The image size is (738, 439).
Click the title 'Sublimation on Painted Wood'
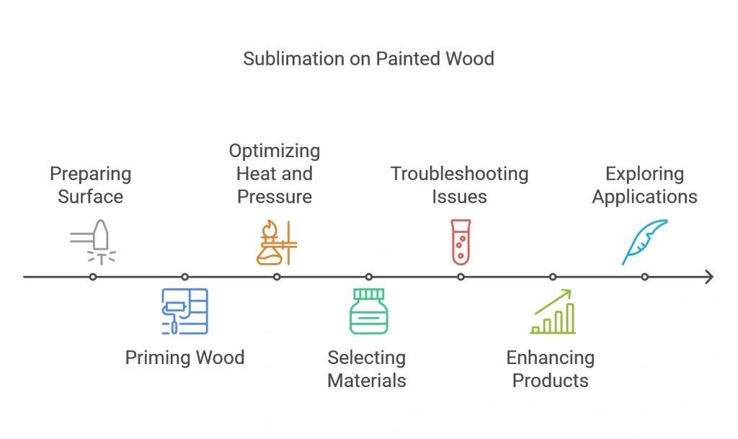point(368,58)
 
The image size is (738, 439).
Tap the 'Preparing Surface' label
point(91,185)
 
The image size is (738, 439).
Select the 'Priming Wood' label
point(184,358)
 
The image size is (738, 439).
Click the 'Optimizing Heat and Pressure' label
point(275,174)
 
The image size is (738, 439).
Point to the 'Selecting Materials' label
point(367,369)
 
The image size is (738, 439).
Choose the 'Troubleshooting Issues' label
point(459,185)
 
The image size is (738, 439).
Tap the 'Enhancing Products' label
point(551,369)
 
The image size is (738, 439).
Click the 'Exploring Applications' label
point(644,185)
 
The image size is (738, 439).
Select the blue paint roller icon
point(184,311)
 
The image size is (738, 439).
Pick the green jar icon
point(368,311)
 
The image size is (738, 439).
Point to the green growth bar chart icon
point(553,311)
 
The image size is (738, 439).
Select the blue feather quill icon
point(645,242)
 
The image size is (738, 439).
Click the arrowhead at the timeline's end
point(709,277)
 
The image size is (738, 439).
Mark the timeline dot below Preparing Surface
point(92,277)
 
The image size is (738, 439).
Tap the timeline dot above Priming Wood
point(184,277)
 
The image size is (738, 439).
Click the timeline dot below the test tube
point(461,277)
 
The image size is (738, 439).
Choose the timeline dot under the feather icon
point(645,277)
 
